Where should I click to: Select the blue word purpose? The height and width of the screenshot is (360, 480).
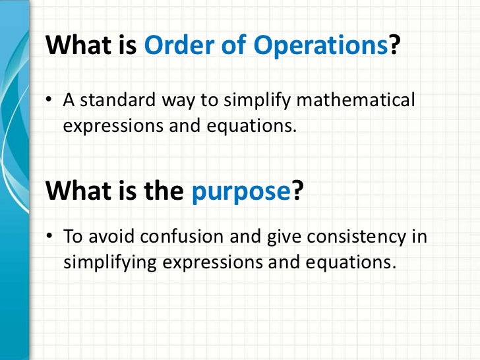[241, 191]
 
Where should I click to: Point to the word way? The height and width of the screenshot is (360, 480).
[171, 102]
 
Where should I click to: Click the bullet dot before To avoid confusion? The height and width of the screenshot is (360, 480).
[49, 237]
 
